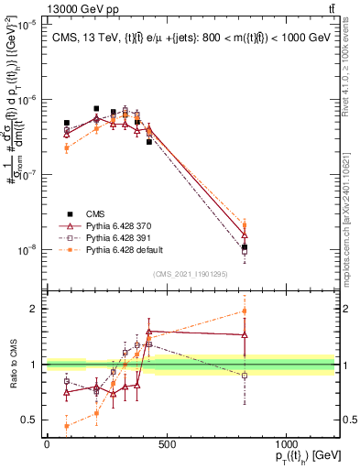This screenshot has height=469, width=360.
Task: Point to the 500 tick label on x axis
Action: pyautogui.click(x=167, y=444)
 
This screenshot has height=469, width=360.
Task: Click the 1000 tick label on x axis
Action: pyautogui.click(x=286, y=444)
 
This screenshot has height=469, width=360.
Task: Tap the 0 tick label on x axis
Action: pyautogui.click(x=47, y=444)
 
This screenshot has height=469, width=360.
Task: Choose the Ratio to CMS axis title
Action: pyautogui.click(x=11, y=365)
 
